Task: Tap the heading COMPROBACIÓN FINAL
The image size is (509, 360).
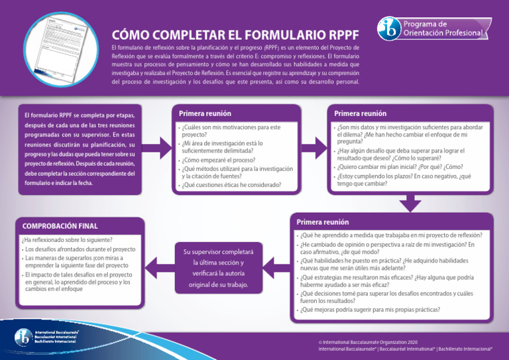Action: (60, 225)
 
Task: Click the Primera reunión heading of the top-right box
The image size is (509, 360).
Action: (360, 113)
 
